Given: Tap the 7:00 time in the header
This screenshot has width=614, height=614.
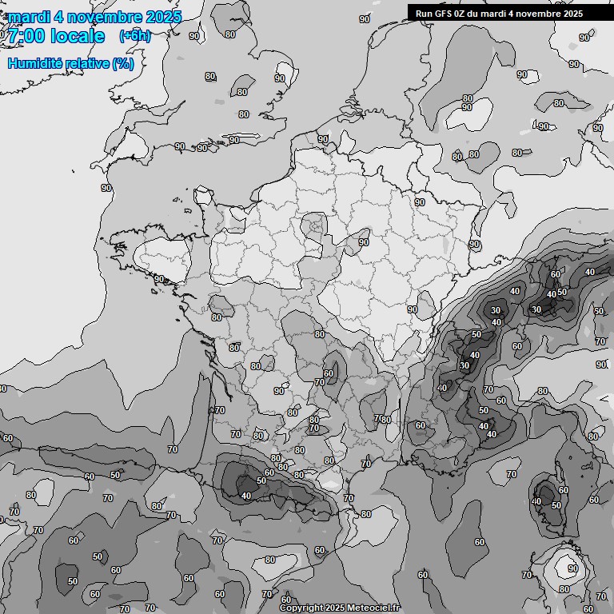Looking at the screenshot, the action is click(x=24, y=36).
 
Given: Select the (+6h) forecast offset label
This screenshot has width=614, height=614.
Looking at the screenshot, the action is click(x=134, y=35).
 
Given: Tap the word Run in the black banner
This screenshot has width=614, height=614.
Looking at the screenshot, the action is click(x=424, y=13).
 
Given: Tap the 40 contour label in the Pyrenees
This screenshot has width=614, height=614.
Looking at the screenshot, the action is click(x=245, y=496).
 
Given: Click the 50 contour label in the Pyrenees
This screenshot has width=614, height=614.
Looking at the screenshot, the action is click(x=261, y=480).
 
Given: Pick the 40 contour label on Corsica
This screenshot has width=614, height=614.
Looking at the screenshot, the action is click(x=536, y=502).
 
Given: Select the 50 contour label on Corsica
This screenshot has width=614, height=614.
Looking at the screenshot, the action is click(x=556, y=505).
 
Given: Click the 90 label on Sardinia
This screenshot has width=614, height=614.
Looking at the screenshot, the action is click(x=572, y=569).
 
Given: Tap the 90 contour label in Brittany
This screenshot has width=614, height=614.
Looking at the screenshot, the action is click(x=159, y=279).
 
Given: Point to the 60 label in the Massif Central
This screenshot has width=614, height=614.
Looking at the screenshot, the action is click(x=328, y=373).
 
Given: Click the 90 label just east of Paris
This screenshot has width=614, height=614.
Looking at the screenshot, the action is click(x=364, y=241).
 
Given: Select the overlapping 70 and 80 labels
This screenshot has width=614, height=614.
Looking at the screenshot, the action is click(x=382, y=419).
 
